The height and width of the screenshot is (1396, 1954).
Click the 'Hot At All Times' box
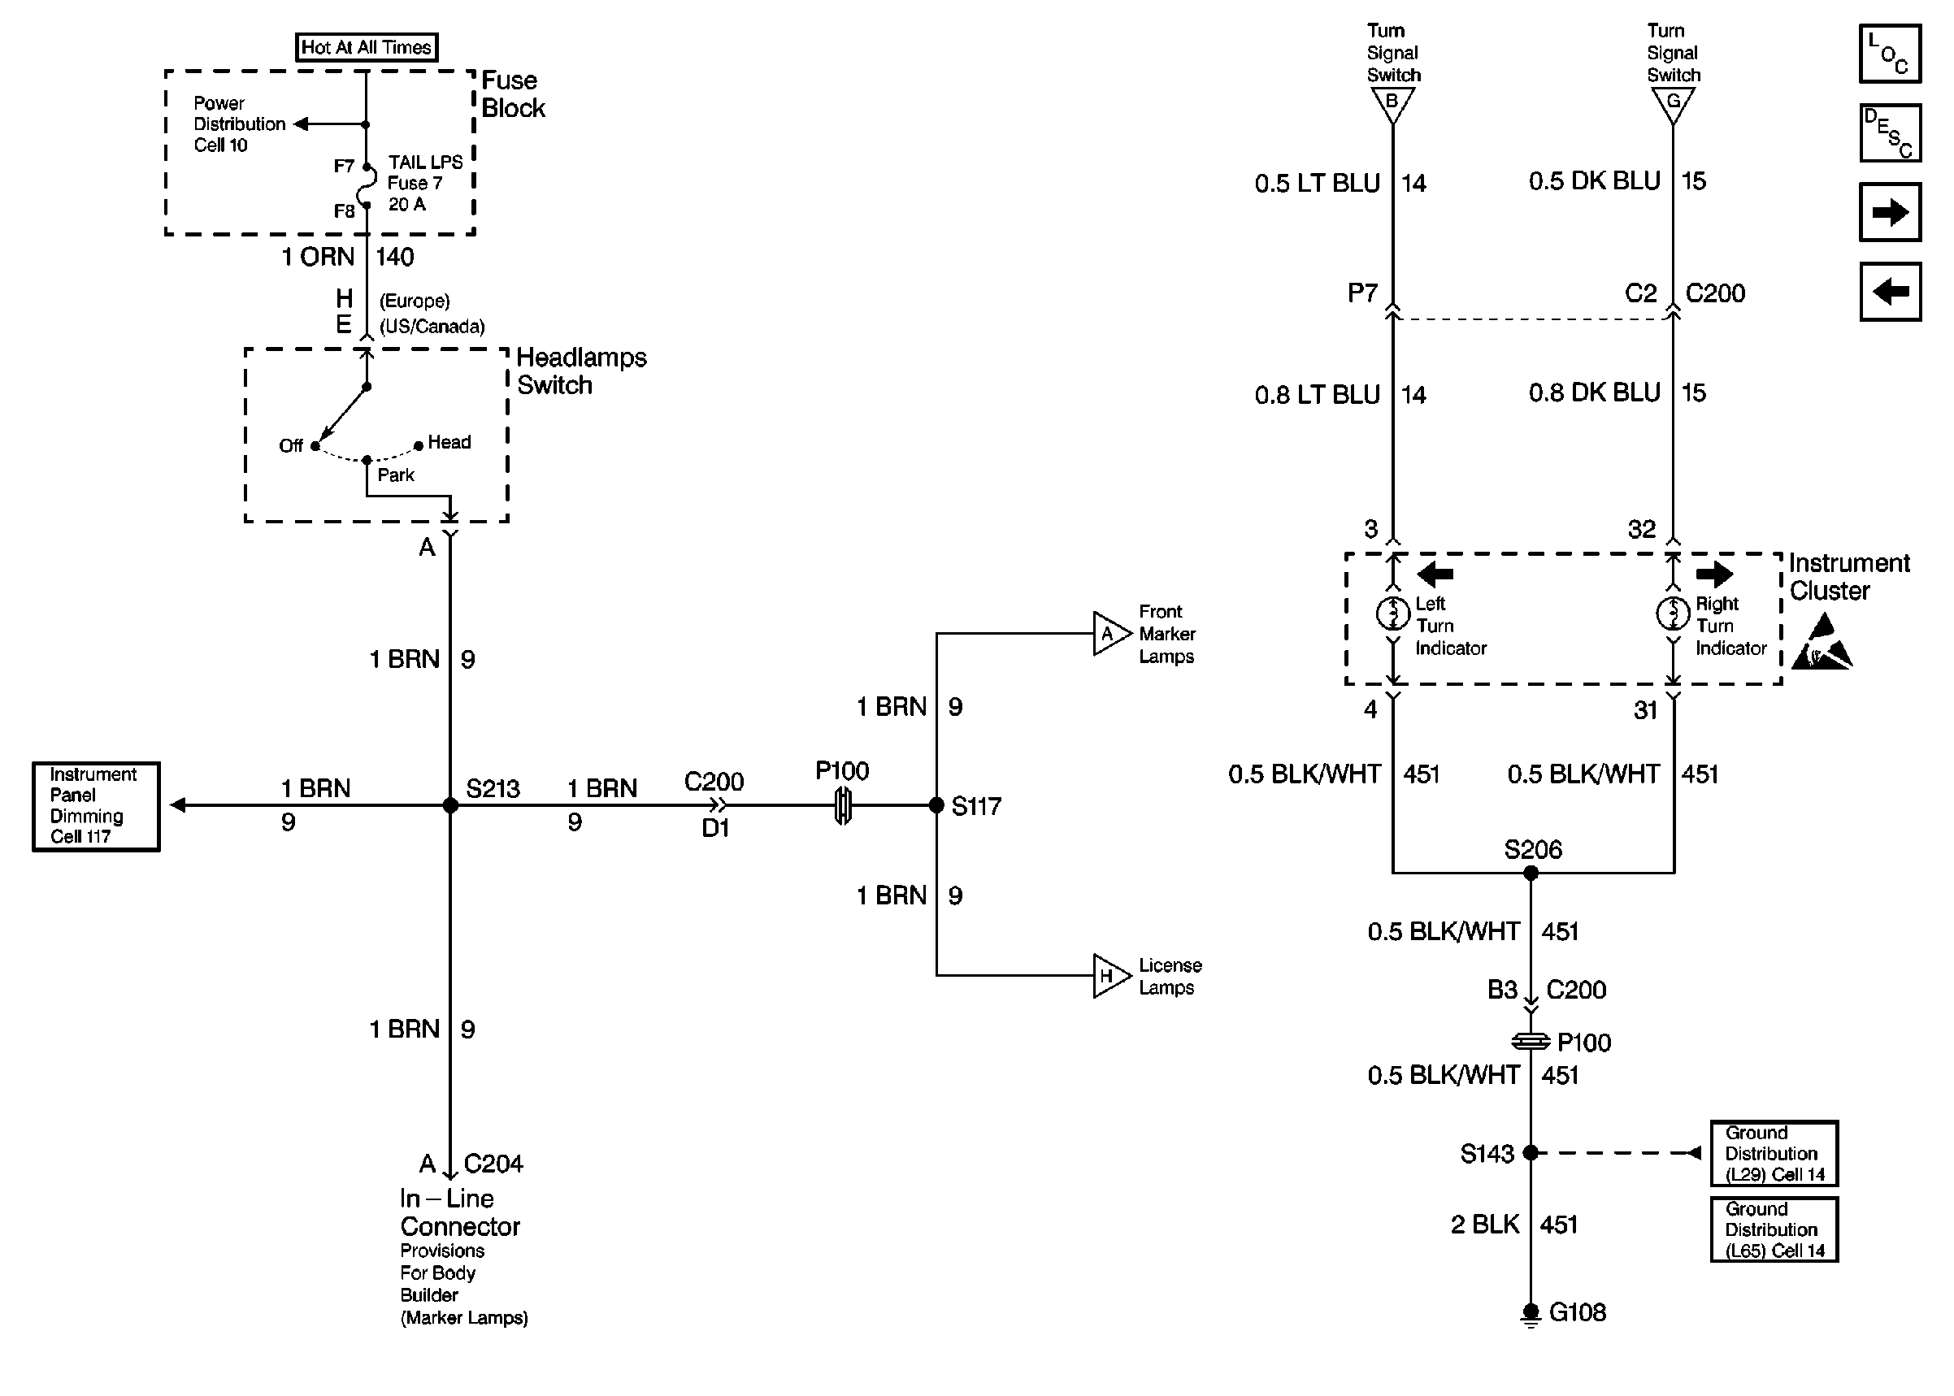pos(367,47)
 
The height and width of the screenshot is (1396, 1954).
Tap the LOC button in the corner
pos(1890,54)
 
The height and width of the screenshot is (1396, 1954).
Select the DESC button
pos(1890,133)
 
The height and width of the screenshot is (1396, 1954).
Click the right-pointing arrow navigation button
pos(1890,212)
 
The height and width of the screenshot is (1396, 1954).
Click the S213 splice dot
pos(450,805)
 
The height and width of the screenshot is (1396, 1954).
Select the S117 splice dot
pos(936,805)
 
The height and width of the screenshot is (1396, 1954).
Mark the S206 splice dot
pos(1531,874)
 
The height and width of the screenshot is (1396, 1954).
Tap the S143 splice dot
pos(1531,1153)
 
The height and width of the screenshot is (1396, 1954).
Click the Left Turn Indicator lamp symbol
pos(1392,613)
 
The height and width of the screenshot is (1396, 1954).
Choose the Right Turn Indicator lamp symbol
pos(1672,613)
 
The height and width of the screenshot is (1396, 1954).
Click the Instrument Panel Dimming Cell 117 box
pos(96,806)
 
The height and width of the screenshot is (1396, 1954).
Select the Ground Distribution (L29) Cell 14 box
pos(1774,1154)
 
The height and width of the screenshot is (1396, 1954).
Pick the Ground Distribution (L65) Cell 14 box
pos(1774,1229)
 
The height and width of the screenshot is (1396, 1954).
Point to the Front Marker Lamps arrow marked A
pos(1109,634)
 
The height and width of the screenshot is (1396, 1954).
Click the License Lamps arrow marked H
pos(1109,976)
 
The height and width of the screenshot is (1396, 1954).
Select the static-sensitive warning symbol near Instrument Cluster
pos(1822,644)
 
